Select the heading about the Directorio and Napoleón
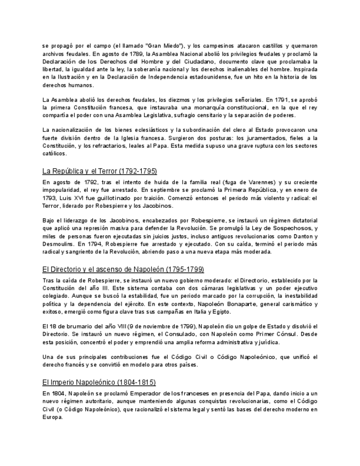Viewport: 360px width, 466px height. click(123, 269)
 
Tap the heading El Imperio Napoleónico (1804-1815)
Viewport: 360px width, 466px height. click(99, 382)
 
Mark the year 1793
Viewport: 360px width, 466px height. click(51, 198)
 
